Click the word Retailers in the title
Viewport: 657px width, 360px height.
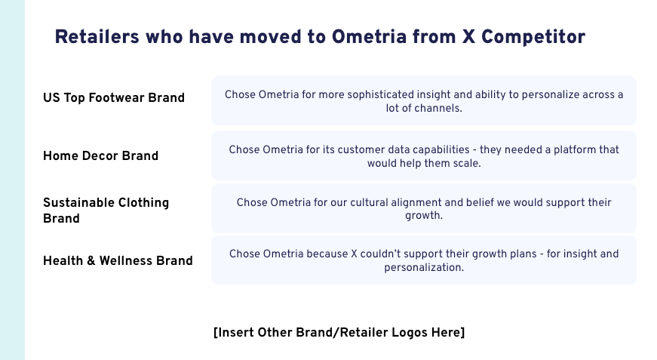click(97, 37)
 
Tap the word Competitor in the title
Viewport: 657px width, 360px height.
click(533, 37)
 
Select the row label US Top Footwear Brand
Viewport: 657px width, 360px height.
click(114, 97)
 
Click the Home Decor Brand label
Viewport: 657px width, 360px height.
click(100, 156)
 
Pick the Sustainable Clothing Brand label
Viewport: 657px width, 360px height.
click(106, 211)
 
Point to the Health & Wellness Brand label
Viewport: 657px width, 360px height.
click(118, 260)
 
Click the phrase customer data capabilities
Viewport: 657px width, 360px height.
click(403, 150)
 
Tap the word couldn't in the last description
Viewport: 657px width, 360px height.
click(391, 254)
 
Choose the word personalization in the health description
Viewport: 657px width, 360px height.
click(424, 267)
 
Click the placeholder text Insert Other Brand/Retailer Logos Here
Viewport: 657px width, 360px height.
click(339, 332)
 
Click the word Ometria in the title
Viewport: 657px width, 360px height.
click(369, 37)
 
